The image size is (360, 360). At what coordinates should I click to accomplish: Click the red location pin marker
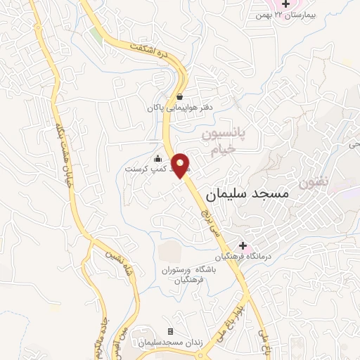(x=181, y=165)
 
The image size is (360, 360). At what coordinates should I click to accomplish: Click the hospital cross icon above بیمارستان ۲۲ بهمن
(x=285, y=4)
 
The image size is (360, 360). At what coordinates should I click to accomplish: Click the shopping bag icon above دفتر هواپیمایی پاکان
(x=180, y=96)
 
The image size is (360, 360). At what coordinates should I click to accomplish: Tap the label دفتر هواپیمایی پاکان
(x=179, y=108)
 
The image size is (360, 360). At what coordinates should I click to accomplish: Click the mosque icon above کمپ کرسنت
(x=157, y=158)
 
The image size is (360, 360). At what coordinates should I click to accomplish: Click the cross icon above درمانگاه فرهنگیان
(x=243, y=246)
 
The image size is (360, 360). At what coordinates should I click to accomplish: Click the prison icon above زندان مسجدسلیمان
(x=169, y=331)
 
